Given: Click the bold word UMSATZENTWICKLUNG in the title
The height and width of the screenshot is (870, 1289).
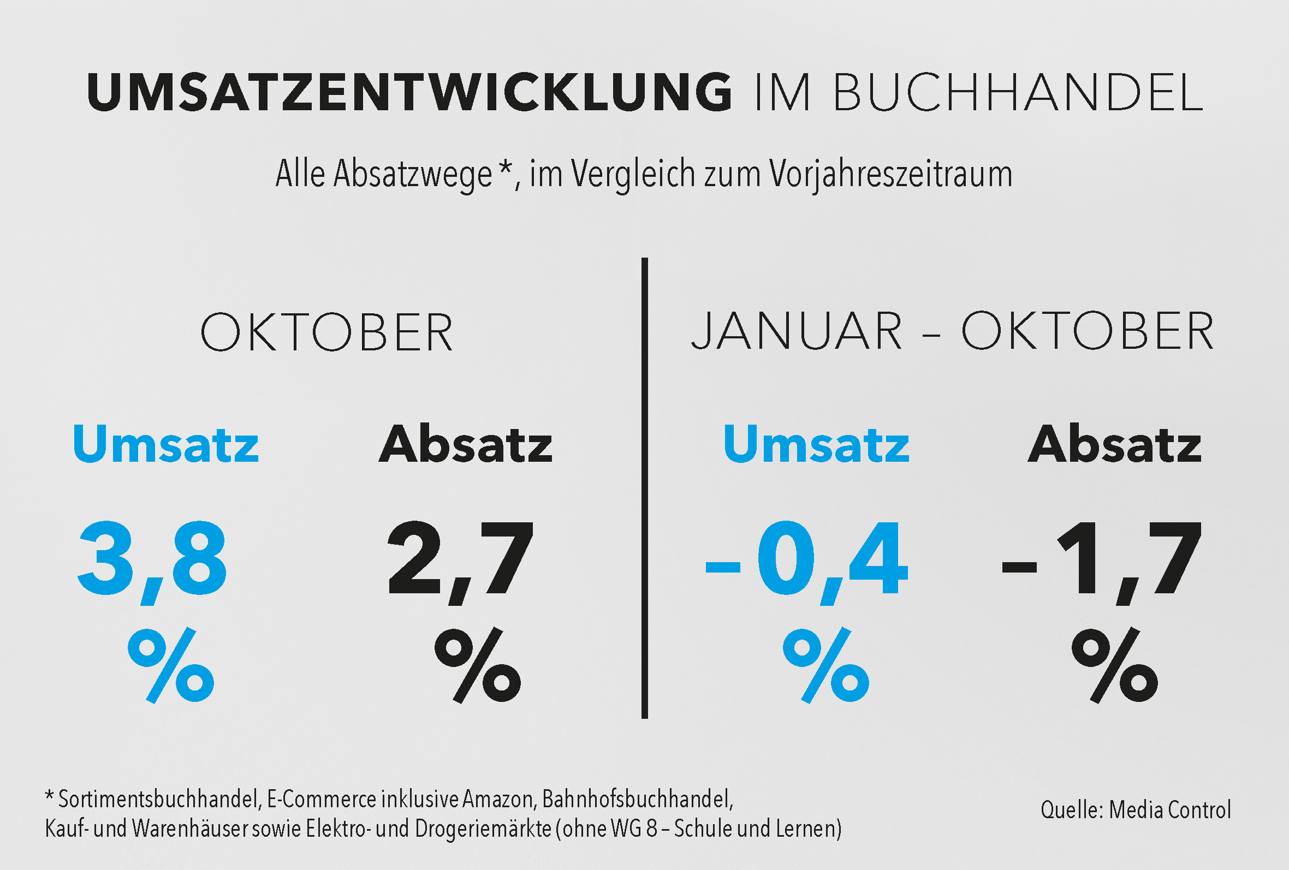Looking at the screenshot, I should point(409,92).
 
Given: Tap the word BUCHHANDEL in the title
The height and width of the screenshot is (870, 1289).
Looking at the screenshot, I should point(1018,92).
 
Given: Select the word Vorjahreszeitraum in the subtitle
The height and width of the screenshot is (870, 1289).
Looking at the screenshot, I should point(890,174).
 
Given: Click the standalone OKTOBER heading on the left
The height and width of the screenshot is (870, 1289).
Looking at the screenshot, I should point(326,332).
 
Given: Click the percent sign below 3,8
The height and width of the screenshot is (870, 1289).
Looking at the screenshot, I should point(171,665).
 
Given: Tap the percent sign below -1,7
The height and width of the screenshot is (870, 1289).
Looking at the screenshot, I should point(1115,665).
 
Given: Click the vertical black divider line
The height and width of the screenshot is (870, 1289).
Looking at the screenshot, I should point(644,488).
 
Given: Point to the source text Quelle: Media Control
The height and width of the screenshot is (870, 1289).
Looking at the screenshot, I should point(1136,810).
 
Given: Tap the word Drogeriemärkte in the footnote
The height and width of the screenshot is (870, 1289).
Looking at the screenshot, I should point(483,829).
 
